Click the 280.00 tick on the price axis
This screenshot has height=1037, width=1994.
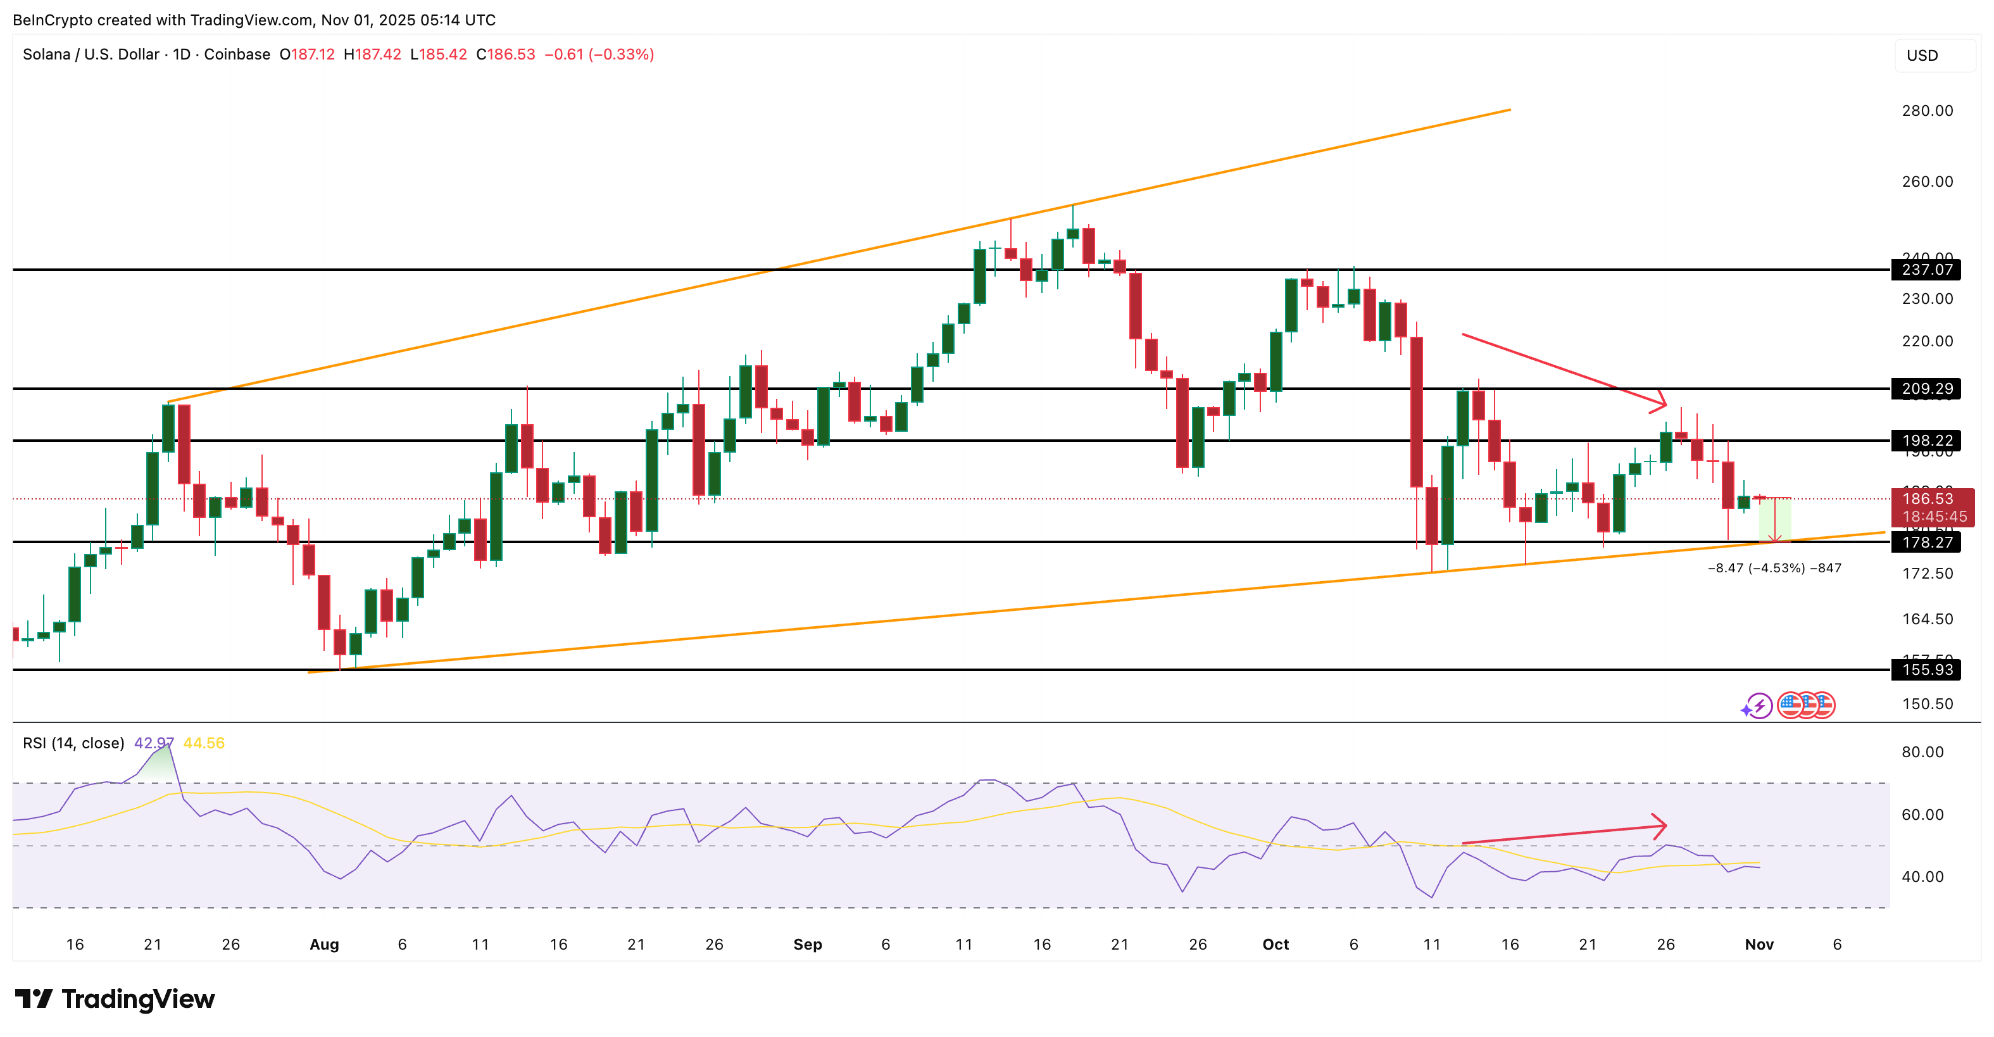click(x=1927, y=111)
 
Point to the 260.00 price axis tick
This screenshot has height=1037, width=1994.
click(x=1927, y=181)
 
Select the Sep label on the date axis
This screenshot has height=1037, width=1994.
click(x=807, y=944)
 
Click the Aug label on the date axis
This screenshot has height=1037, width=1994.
click(x=323, y=944)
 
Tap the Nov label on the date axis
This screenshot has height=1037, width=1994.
click(x=1759, y=944)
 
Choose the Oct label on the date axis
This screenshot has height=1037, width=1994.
click(x=1275, y=944)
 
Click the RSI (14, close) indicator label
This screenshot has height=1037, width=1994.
click(x=73, y=743)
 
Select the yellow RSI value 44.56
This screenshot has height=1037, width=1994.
click(x=204, y=743)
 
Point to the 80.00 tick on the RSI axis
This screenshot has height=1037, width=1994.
click(x=1922, y=751)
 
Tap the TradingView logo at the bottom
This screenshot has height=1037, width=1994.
click(x=115, y=998)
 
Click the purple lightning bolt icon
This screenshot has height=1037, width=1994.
click(x=1759, y=705)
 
